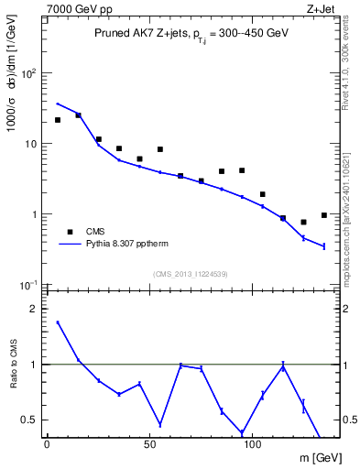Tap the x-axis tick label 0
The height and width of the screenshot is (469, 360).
tap(47, 445)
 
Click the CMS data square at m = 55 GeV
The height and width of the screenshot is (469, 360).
tap(160, 149)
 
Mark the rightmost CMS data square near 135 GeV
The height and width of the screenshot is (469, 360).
tap(324, 215)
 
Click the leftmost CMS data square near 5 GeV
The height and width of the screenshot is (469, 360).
tap(57, 120)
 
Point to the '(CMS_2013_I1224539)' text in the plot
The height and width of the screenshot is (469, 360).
tap(190, 273)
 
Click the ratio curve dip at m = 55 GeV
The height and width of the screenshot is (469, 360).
tap(160, 425)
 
